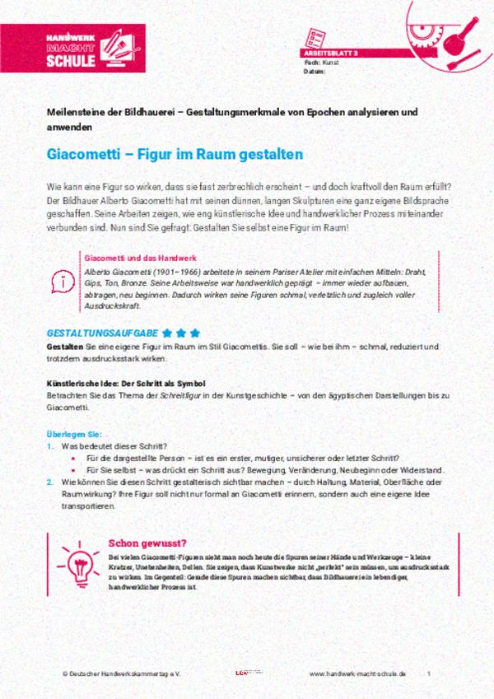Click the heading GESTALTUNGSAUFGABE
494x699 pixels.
(101, 333)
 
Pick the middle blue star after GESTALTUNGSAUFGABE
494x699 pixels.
(181, 333)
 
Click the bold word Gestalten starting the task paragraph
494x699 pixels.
(64, 347)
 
